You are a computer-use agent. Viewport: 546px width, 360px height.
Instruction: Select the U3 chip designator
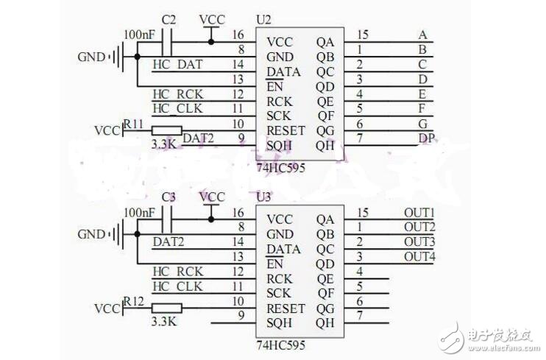[263, 197]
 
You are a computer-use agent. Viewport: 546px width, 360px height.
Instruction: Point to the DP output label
[426, 138]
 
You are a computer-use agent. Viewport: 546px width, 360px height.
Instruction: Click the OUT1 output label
[419, 212]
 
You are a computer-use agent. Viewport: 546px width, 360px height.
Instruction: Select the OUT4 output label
[419, 256]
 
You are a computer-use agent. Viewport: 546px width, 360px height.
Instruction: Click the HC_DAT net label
[176, 65]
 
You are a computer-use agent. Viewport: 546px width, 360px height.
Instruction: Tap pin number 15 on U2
[361, 35]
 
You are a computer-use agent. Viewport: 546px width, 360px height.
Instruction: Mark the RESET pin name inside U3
[285, 308]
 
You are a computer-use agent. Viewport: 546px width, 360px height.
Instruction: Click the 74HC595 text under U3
[280, 345]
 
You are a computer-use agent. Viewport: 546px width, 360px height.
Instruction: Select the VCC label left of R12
[108, 308]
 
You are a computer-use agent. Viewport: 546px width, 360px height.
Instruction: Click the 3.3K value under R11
[163, 145]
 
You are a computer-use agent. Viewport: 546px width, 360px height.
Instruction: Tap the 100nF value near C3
[138, 212]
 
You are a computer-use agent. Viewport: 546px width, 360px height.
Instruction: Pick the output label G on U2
[422, 123]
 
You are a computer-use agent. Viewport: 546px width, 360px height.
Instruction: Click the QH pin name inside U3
[325, 322]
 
